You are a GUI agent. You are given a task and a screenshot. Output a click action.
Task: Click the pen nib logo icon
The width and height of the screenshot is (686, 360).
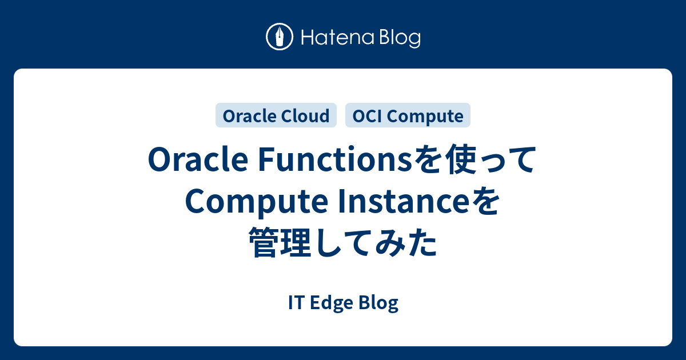280,37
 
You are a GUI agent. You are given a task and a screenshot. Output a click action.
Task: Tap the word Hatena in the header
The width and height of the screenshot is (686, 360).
338,38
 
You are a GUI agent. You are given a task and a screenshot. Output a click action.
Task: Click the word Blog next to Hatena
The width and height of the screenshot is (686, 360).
400,39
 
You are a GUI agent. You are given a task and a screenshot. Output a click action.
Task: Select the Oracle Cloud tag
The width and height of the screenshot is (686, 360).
276,115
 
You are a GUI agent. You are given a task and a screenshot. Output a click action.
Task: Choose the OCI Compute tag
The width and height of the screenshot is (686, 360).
408,115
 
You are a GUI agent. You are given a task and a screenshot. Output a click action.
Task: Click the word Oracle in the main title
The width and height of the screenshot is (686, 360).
198,159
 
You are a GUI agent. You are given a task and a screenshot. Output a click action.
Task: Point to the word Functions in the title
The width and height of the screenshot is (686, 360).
336,159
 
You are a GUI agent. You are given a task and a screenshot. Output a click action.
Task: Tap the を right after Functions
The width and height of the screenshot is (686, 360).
428,159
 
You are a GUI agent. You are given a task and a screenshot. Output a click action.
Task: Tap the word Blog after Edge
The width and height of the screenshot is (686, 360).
378,303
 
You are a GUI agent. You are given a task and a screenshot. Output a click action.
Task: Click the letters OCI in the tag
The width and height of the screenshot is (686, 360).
366,116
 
